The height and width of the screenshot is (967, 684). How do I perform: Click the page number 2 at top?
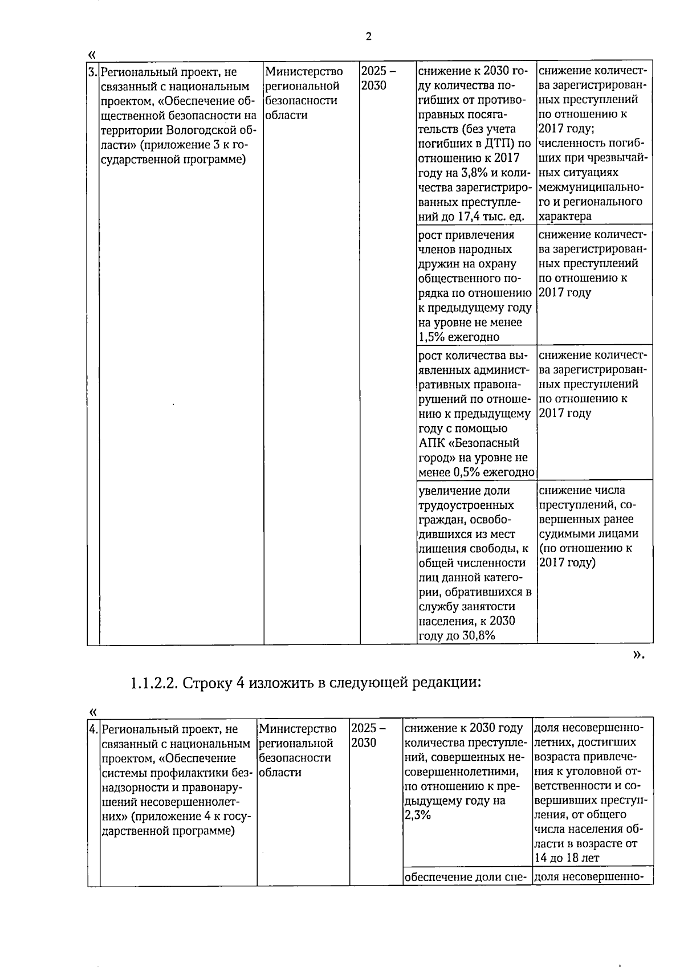point(368,37)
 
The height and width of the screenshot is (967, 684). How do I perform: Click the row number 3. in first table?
point(93,72)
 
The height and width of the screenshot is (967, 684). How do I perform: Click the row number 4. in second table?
point(93,729)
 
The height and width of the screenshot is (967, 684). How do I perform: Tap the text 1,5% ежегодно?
point(459,337)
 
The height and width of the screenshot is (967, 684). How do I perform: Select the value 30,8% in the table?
point(478,636)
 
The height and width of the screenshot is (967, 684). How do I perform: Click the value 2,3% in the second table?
point(418,815)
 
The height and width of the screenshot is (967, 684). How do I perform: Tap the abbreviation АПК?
point(431,443)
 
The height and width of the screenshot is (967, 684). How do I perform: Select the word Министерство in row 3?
point(304,72)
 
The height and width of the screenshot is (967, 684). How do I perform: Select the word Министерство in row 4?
point(297,728)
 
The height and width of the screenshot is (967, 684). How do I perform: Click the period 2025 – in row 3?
point(378,72)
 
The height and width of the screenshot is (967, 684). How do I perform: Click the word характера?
point(565,217)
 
